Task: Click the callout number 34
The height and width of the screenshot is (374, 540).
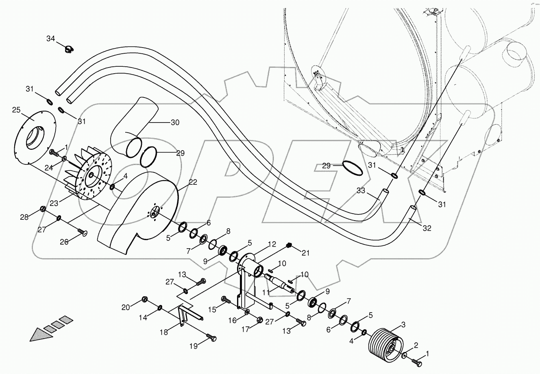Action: click(x=50, y=39)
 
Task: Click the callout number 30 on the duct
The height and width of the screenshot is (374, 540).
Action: click(x=174, y=122)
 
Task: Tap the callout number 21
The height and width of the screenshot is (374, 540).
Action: click(x=305, y=253)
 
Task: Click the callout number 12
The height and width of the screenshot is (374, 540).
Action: click(x=272, y=244)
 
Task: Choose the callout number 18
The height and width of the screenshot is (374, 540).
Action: click(x=163, y=332)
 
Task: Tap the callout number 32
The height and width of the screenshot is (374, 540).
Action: click(x=426, y=228)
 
